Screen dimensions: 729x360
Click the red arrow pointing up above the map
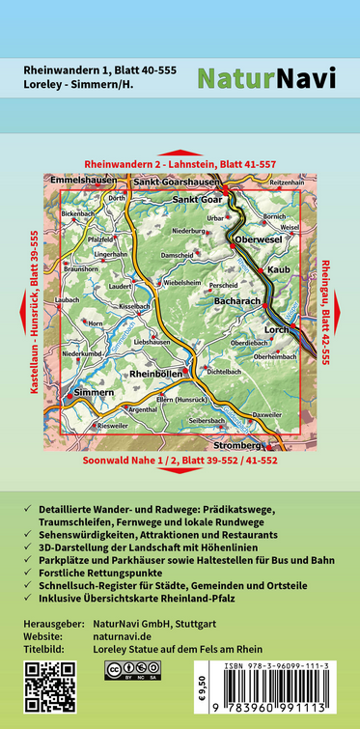pos(180,154)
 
